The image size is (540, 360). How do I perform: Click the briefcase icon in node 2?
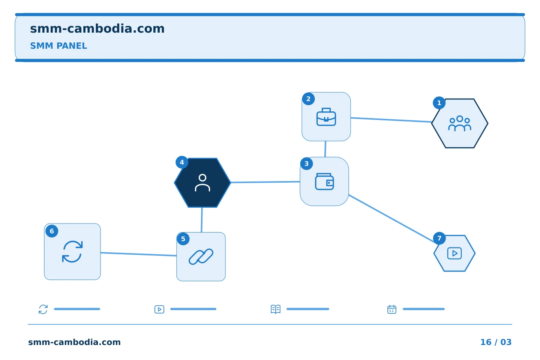coord(326,117)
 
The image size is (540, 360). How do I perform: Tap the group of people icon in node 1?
coord(459,123)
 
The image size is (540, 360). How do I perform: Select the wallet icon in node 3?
coord(324,181)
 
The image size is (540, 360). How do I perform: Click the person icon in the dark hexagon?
coord(202,183)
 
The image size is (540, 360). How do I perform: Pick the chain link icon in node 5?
coord(201,256)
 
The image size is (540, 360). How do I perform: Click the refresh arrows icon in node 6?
coord(72,252)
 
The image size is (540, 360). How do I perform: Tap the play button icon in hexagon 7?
coord(454,253)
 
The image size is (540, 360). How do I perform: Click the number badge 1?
coord(439,103)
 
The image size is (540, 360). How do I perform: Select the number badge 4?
coord(182,162)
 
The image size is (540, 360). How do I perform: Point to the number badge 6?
coord(52,231)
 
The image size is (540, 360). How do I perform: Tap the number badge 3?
coord(306,164)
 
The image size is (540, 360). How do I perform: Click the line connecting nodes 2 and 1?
coord(391,120)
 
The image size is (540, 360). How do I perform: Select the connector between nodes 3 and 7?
coord(392,219)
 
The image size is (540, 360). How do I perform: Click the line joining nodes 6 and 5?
coord(139,254)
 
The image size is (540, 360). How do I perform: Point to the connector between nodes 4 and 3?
coord(265,182)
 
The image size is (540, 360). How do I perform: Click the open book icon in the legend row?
coord(276,309)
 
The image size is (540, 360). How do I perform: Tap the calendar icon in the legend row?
coord(392,309)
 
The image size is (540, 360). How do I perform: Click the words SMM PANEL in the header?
coord(58,46)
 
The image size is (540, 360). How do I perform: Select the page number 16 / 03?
coord(496,342)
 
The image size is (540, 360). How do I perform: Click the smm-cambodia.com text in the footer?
coord(74,342)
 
